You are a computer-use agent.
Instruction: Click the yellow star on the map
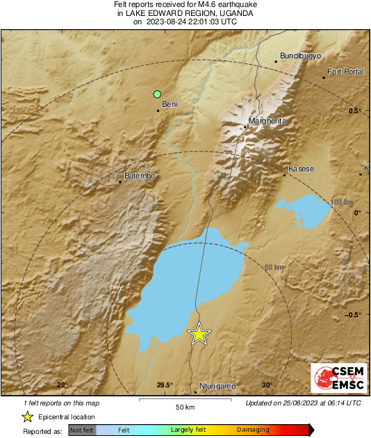coord(199,334)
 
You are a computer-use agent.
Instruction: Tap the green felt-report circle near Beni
coord(158,94)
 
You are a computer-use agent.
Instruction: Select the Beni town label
coord(170,104)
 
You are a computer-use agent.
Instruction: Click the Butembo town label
coord(139,176)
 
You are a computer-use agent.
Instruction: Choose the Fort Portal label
coord(345,71)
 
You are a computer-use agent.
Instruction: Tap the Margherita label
coord(267,121)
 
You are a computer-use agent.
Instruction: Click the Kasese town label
coord(302,169)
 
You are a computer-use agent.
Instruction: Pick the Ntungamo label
coord(217,386)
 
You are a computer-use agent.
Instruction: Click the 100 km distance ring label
coord(341,202)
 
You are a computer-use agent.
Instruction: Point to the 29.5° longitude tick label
coord(164,385)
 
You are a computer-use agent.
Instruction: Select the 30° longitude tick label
coord(267,385)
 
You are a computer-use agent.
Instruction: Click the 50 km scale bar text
coord(185,406)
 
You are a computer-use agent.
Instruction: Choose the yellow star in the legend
coord(27,416)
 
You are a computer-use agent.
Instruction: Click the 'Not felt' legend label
coord(83,430)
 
